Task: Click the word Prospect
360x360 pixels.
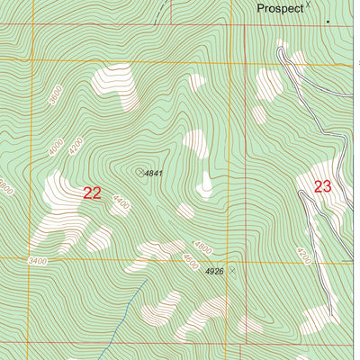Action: (279, 8)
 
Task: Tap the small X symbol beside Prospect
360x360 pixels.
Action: (308, 5)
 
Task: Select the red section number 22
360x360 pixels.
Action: (92, 193)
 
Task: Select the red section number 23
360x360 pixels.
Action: (323, 186)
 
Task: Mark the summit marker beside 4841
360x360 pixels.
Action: (139, 171)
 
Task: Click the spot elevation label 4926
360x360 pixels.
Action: (214, 271)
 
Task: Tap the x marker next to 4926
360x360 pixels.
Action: (231, 270)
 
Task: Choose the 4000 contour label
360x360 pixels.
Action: (57, 146)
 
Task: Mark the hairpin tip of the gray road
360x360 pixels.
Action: (281, 52)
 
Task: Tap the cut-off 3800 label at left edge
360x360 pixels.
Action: (4, 186)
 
